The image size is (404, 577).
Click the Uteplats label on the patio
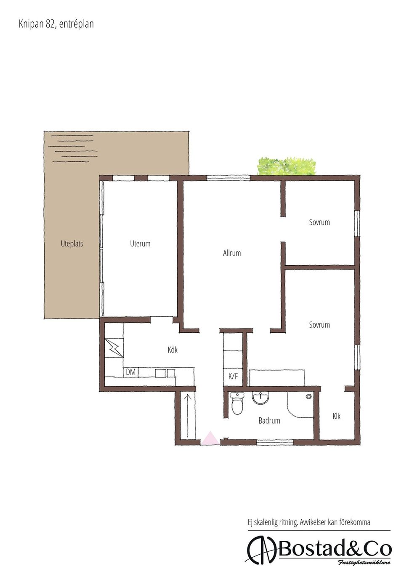point(72,244)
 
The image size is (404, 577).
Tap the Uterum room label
point(140,243)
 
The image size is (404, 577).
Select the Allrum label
point(231,253)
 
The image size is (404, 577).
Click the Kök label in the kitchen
point(173,350)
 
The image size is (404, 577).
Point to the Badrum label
point(269,421)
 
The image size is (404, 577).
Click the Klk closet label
point(336,416)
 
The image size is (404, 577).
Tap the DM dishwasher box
point(131,372)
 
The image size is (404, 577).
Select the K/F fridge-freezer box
point(233,377)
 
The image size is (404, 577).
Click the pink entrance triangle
point(210,438)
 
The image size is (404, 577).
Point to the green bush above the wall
point(287,166)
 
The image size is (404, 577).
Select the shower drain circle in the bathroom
point(308,397)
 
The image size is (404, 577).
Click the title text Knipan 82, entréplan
point(56,24)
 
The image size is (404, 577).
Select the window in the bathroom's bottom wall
point(275,442)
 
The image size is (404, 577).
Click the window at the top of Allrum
point(228,177)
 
